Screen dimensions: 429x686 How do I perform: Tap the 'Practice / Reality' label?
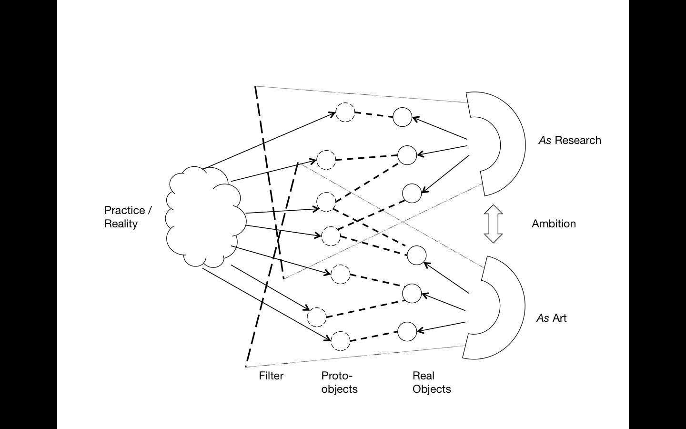(128, 217)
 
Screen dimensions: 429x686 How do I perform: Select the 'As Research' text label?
(570, 140)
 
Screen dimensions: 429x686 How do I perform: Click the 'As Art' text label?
(552, 318)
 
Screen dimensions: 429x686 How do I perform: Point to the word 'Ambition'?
(554, 224)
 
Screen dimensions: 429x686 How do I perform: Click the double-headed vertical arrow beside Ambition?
(493, 224)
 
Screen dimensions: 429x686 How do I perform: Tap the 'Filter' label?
(271, 376)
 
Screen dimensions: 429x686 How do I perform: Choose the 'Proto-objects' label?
(339, 382)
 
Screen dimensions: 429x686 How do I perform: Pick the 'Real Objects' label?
(431, 382)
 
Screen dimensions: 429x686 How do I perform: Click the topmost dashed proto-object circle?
(345, 113)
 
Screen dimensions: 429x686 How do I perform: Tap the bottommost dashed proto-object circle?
(340, 341)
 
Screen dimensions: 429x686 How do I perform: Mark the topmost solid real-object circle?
(403, 117)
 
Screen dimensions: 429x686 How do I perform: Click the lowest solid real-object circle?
(407, 332)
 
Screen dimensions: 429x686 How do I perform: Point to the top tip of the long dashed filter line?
(256, 87)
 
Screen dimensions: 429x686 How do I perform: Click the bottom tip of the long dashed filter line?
(246, 366)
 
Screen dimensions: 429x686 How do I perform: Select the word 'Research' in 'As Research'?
(578, 140)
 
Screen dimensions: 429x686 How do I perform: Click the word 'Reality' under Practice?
(121, 224)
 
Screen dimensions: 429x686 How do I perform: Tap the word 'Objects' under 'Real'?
(432, 389)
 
